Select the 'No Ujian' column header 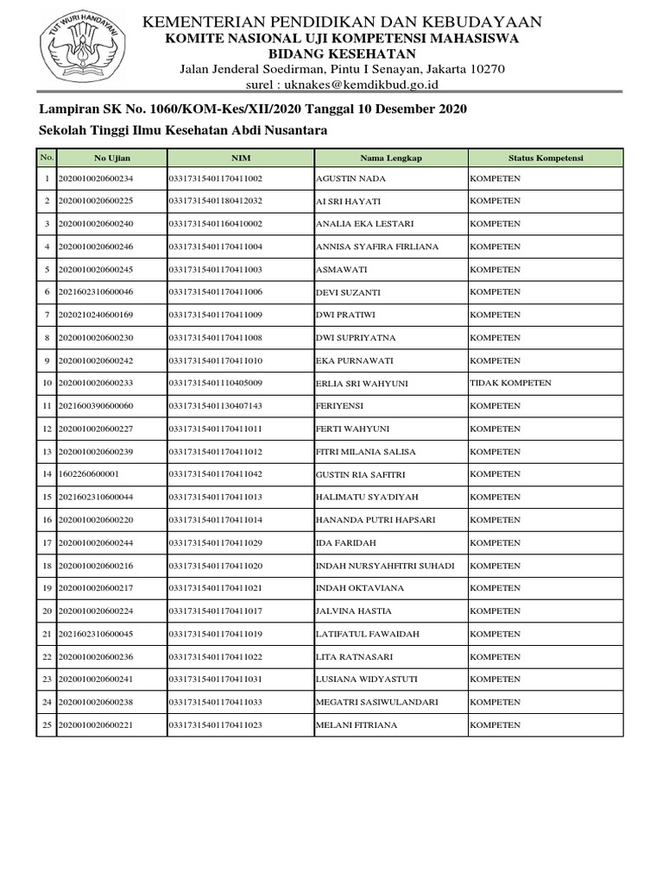click(x=111, y=158)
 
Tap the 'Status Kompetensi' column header click(x=546, y=158)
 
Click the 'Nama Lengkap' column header click(x=391, y=158)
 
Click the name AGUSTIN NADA click(x=350, y=178)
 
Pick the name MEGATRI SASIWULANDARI click(x=377, y=703)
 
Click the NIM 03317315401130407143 click(x=215, y=405)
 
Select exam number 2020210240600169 click(x=96, y=315)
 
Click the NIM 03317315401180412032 click(x=215, y=201)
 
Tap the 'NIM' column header click(x=240, y=158)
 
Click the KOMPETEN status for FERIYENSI click(x=495, y=405)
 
